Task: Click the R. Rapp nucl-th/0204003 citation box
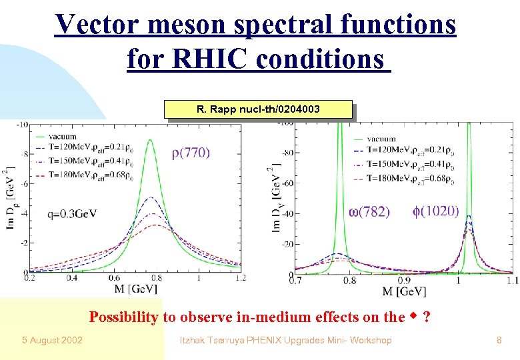point(257,109)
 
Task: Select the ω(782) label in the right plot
point(369,211)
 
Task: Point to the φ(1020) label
point(435,211)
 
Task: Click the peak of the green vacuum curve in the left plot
point(151,140)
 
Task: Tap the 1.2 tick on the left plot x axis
point(240,278)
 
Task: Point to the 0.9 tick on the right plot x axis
point(404,281)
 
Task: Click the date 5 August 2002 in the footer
point(51,341)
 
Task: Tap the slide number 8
point(499,341)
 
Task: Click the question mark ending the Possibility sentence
point(425,316)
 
